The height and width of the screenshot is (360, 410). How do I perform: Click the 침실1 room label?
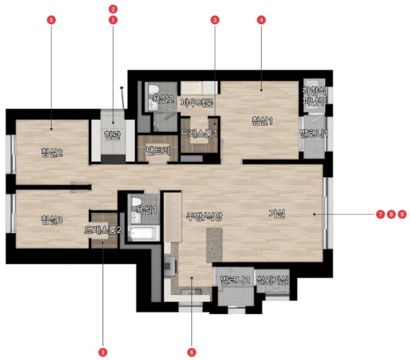pyautogui.click(x=262, y=121)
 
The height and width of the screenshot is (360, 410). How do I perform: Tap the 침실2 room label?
pyautogui.click(x=52, y=152)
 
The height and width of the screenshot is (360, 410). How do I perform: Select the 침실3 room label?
pyautogui.click(x=52, y=220)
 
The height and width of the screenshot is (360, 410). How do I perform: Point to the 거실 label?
pyautogui.click(x=277, y=214)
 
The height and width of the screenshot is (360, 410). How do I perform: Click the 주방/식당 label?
pyautogui.click(x=204, y=216)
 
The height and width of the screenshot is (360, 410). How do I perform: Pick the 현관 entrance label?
pyautogui.click(x=112, y=135)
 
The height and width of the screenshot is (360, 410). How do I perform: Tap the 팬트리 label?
pyautogui.click(x=158, y=151)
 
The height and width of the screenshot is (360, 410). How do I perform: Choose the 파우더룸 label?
pyautogui.click(x=196, y=103)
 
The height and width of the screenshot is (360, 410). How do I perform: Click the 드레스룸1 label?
pyautogui.click(x=199, y=134)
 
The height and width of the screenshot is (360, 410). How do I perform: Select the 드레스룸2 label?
pyautogui.click(x=103, y=230)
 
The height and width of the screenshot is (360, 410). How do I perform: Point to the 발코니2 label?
pyautogui.click(x=235, y=280)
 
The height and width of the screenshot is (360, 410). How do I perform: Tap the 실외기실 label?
pyautogui.click(x=272, y=280)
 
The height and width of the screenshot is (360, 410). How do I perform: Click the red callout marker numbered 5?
pyautogui.click(x=51, y=20)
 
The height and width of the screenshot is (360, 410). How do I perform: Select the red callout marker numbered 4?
pyautogui.click(x=261, y=20)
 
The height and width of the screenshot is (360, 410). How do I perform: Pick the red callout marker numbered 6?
pyautogui.click(x=192, y=352)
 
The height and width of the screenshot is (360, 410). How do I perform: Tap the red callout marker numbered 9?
pyautogui.click(x=402, y=214)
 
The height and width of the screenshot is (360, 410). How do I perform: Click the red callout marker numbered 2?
pyautogui.click(x=113, y=9)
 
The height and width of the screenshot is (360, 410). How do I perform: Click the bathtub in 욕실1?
pyautogui.click(x=144, y=234)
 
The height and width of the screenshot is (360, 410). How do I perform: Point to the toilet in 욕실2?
pyautogui.click(x=153, y=89)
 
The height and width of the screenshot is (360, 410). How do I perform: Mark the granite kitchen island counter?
pyautogui.click(x=215, y=245)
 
